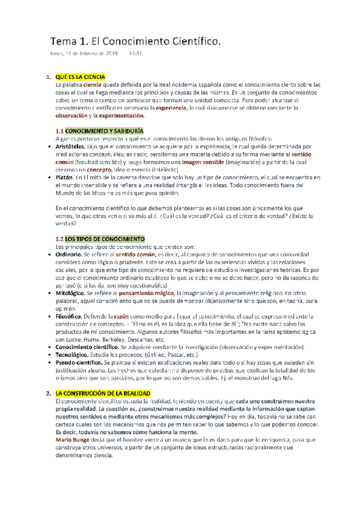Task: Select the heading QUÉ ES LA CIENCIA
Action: coord(81,77)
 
